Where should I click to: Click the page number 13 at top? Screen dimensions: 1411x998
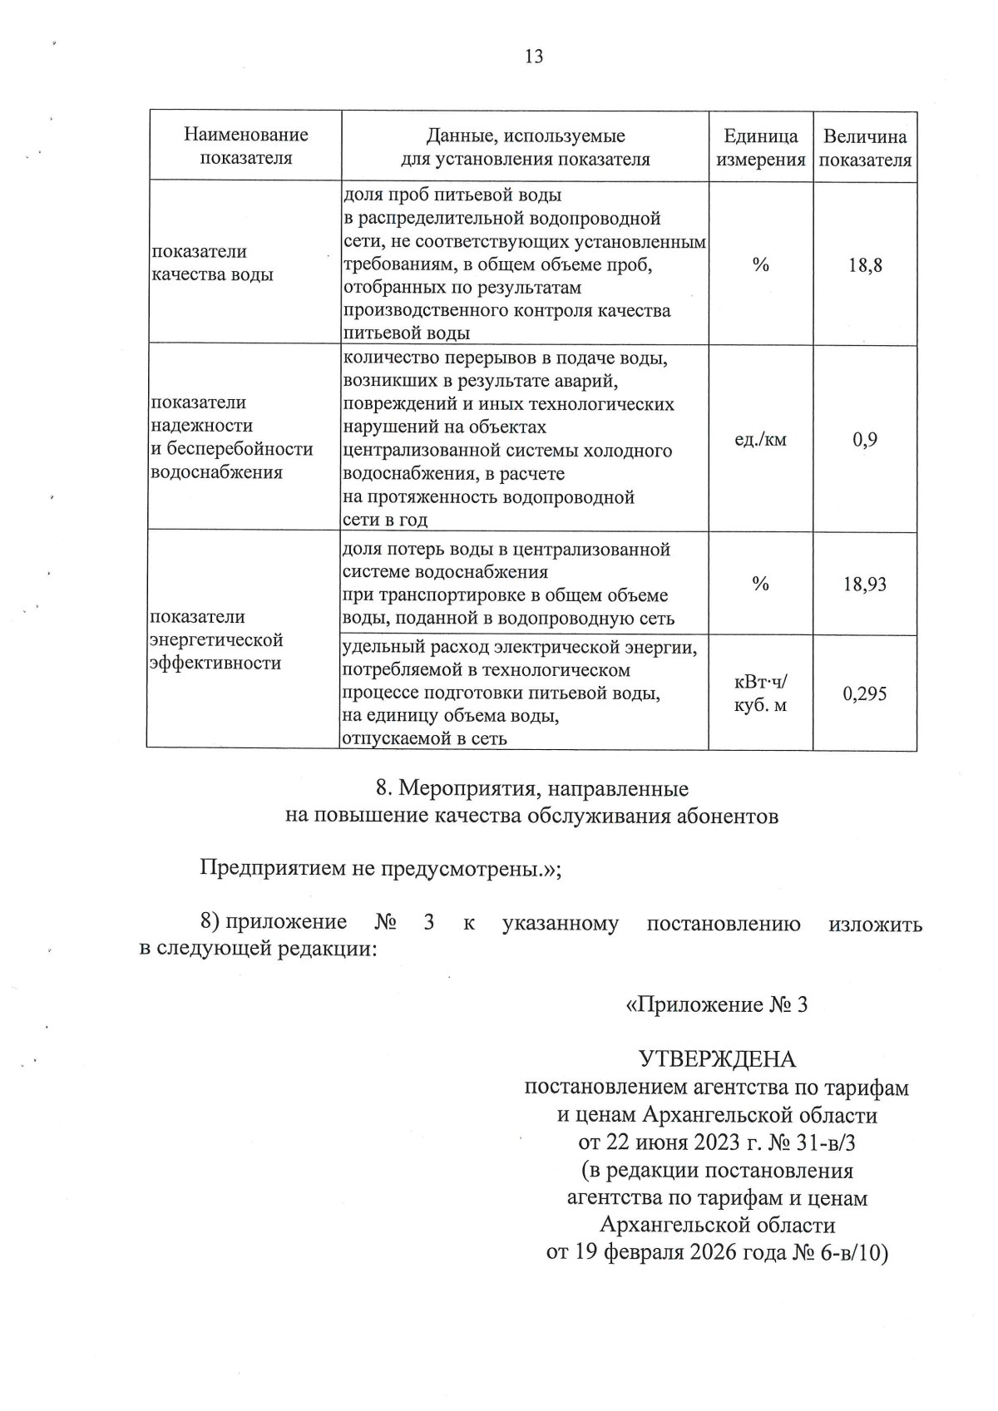534,57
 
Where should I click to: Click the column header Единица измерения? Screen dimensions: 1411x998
761,147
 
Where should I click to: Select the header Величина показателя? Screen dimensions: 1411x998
865,147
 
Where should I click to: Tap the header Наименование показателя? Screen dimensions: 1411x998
245,146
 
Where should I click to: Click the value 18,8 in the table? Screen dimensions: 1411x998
865,266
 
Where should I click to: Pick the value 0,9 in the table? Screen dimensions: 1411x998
865,440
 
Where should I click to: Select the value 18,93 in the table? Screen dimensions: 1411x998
865,585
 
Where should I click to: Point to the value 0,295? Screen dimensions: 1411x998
865,694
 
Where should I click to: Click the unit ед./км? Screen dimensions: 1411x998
760,440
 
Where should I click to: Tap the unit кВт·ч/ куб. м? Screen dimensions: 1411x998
760,694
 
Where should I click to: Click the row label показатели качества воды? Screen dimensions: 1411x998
212,263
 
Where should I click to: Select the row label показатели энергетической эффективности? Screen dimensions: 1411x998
215,640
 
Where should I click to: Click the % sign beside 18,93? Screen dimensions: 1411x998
760,584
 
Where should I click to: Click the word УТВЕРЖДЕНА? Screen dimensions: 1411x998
716,1059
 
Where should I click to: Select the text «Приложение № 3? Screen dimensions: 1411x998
716,1004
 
